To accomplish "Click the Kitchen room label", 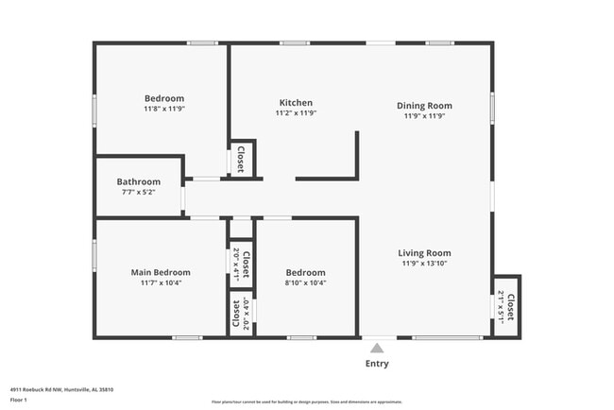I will pos(296,103).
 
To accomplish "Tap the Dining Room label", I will pos(424,106).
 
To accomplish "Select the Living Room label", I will pos(424,253).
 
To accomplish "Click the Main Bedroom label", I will pos(161,272).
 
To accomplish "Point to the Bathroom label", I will pos(138,181).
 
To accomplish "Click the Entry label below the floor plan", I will pos(377,364).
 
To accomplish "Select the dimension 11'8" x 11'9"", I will pos(163,109).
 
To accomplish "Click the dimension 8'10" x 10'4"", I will pos(306,282).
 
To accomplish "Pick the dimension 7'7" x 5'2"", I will pos(138,192).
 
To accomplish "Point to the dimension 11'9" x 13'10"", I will pos(424,264).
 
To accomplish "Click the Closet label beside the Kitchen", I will pos(242,159).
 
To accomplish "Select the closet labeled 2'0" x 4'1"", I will pos(241,264).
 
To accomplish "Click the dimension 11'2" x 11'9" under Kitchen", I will pos(296,113).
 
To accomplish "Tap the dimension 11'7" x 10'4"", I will pos(161,282).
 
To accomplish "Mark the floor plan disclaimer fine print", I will pos(306,401).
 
